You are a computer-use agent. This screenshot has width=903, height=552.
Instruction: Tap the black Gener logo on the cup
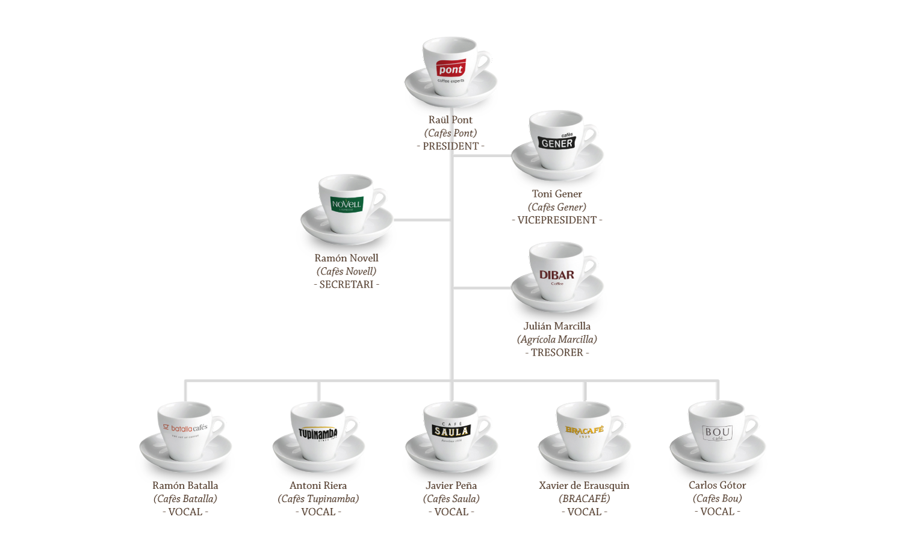click(557, 143)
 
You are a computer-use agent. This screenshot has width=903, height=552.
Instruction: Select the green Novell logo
click(347, 204)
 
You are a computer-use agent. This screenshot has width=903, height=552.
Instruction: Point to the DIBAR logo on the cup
click(557, 276)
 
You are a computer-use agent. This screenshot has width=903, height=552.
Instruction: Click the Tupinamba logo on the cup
click(318, 433)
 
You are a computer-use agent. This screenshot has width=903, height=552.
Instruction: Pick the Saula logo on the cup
click(451, 431)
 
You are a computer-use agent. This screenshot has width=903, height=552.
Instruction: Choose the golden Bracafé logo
click(585, 430)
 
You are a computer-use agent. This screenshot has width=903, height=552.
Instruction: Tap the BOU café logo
click(718, 433)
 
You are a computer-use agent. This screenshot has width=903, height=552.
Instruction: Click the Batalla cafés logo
click(185, 428)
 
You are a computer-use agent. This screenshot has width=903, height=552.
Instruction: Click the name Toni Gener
click(557, 194)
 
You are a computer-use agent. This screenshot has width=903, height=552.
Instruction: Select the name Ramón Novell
click(347, 258)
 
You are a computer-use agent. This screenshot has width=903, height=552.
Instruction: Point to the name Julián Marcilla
click(557, 326)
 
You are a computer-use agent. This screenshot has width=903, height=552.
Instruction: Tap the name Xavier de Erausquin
click(585, 485)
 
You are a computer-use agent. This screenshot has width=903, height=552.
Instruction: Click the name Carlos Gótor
click(718, 485)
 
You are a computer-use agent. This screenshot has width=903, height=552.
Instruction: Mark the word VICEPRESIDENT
click(557, 220)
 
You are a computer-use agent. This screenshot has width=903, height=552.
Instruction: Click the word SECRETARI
click(347, 285)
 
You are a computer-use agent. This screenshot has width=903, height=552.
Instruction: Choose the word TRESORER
click(557, 353)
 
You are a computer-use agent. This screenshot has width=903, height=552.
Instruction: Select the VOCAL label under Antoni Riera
click(318, 512)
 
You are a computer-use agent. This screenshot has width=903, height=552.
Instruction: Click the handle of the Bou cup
click(753, 426)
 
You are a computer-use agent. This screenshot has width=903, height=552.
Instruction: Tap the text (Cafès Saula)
click(451, 498)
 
